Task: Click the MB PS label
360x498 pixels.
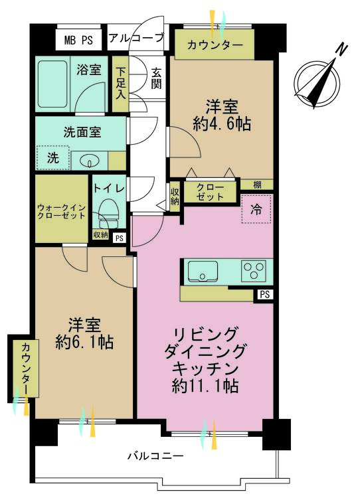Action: point(78,40)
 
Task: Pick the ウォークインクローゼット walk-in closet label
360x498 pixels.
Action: point(61,210)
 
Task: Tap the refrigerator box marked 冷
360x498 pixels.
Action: point(256,208)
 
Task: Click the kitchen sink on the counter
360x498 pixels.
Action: point(201,272)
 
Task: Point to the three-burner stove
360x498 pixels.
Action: point(254,271)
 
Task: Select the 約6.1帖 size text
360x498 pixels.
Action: point(84,343)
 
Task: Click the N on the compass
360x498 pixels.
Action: point(341,50)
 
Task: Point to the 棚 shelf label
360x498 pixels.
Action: point(256,184)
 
